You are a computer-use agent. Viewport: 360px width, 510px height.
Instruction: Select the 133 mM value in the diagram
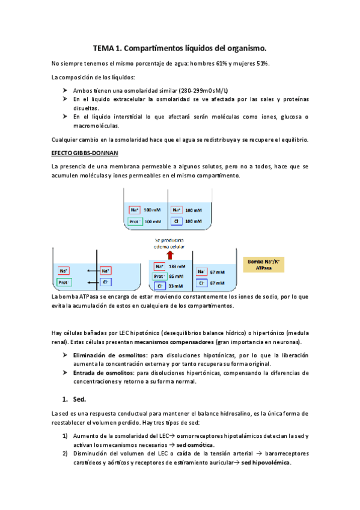[x=177, y=266]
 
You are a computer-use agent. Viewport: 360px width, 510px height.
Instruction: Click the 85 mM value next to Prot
[x=176, y=276]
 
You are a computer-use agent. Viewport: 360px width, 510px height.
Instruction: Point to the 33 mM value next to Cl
[x=176, y=286]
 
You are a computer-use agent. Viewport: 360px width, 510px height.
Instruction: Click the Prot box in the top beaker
[x=136, y=221]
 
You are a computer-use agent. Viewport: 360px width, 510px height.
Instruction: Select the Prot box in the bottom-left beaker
[x=64, y=281]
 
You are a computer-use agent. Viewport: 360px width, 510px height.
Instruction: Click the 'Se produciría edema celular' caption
[x=169, y=242]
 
